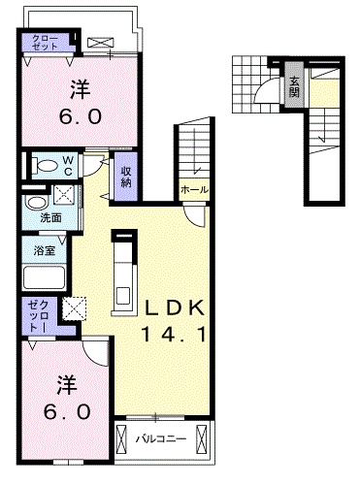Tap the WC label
[x=69, y=164]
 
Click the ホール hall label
[x=192, y=190]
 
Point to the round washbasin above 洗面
[x=36, y=203]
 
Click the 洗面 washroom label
[x=50, y=217]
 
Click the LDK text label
[x=176, y=309]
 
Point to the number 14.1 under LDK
[x=176, y=336]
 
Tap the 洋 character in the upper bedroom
[x=81, y=90]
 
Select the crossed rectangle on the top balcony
[x=100, y=43]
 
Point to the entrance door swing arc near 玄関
[x=262, y=93]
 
